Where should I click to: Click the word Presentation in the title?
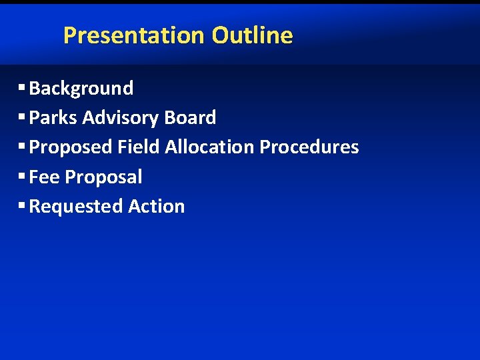(x=135, y=35)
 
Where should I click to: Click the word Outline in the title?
(x=252, y=35)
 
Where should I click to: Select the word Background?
(x=81, y=88)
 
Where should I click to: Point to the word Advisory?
(x=121, y=118)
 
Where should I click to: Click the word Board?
(x=190, y=118)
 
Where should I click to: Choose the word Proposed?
(x=71, y=147)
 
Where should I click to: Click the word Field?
(x=139, y=147)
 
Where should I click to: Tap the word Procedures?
(x=309, y=147)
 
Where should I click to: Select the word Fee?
(x=45, y=177)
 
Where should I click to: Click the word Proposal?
(x=103, y=177)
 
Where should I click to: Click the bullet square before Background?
(x=22, y=87)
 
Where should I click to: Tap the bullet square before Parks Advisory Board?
(x=22, y=117)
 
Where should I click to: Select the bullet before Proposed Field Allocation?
(x=22, y=146)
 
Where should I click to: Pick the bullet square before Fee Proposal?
(x=22, y=175)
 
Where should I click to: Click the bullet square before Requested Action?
(x=22, y=205)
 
